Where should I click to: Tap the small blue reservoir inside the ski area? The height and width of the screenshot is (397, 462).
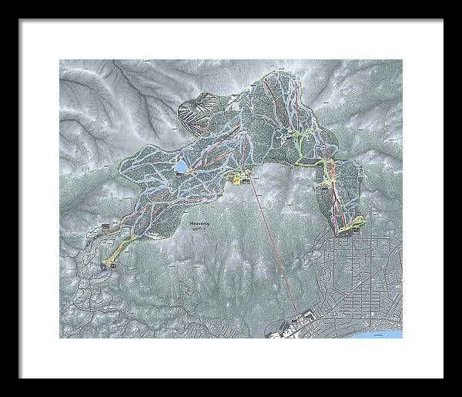click(x=179, y=166)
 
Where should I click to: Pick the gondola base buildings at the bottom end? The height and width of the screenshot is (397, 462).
click(x=296, y=320)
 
